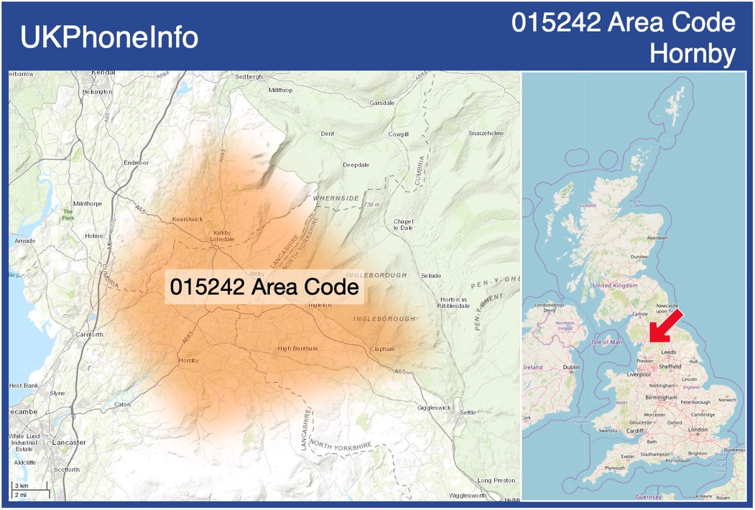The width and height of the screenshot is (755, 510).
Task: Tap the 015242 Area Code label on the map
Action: (264, 287)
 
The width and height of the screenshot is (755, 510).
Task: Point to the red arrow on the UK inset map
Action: (664, 326)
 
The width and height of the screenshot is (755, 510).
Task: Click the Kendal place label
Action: (103, 73)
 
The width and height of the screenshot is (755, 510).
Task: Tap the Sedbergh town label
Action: (249, 76)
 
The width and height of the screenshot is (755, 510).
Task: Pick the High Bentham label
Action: (297, 349)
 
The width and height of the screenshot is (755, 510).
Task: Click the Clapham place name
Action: (382, 349)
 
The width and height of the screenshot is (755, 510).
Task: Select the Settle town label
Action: (468, 412)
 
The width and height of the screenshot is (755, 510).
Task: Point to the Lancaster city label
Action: (69, 442)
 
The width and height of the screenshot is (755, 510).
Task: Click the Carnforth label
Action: (89, 335)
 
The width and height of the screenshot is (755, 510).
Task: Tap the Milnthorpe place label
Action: (88, 204)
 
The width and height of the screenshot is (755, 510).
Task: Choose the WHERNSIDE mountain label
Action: (335, 198)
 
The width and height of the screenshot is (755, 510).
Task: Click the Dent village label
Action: (328, 134)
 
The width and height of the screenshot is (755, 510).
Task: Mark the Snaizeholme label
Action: (486, 134)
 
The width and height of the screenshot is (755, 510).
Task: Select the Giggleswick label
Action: (434, 407)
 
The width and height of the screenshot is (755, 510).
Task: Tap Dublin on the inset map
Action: (572, 368)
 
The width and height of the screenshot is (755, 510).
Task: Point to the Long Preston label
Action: (496, 480)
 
